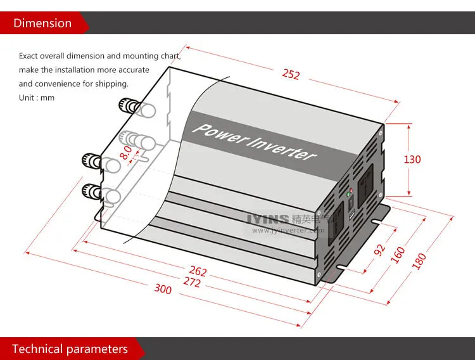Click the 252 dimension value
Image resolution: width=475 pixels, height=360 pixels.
[291, 74]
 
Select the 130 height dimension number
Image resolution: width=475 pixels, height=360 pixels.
[412, 159]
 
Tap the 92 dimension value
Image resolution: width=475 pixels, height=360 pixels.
[380, 249]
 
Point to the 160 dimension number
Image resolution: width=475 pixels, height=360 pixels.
[398, 254]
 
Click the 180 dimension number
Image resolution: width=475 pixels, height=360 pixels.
[419, 260]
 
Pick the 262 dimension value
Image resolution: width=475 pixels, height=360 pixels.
[198, 272]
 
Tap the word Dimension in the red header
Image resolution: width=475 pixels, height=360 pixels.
[42, 23]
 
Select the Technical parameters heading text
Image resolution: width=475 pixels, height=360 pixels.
[70, 349]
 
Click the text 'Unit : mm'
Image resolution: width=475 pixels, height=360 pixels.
[37, 98]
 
